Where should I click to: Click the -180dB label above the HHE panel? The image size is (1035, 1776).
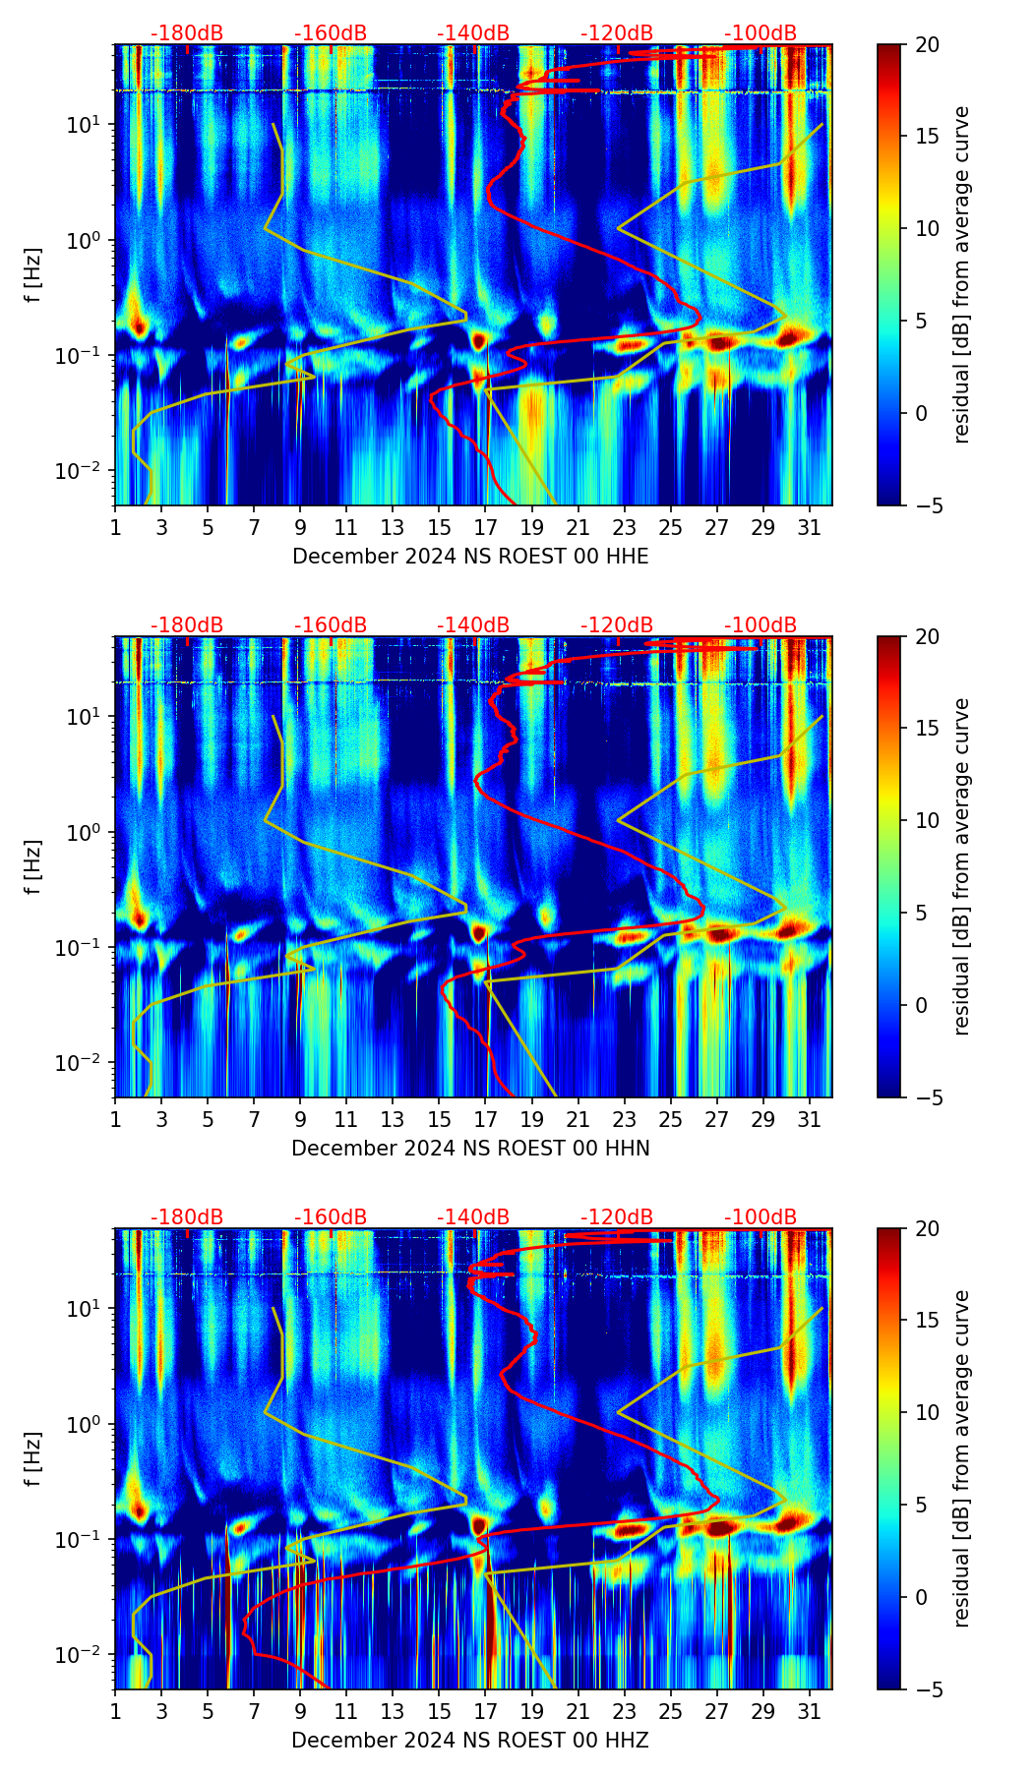point(187,33)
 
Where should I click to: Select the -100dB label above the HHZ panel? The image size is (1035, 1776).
point(761,1217)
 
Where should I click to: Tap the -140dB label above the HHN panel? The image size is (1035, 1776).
point(473,625)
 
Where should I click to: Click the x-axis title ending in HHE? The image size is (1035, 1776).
point(470,557)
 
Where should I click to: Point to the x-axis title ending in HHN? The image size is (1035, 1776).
point(470,1149)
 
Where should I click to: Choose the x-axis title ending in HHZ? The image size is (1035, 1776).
point(470,1741)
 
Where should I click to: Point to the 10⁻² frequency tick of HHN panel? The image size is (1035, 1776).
point(89,1063)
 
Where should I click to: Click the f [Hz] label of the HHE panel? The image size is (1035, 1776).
point(33,274)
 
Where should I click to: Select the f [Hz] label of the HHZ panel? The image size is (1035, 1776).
point(33,1458)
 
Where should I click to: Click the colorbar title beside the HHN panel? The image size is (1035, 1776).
point(962,866)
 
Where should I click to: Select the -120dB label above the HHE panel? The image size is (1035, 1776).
point(617,33)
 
